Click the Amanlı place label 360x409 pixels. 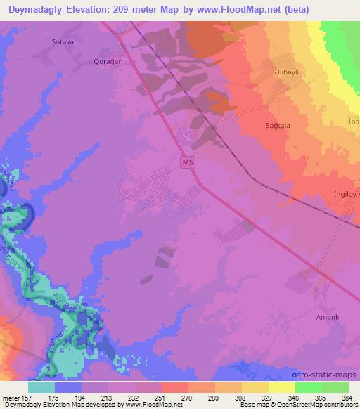[327, 318]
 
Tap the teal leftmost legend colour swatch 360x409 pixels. [41, 387]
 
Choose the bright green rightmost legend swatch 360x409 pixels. [335, 387]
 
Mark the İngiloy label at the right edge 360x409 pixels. [345, 193]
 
